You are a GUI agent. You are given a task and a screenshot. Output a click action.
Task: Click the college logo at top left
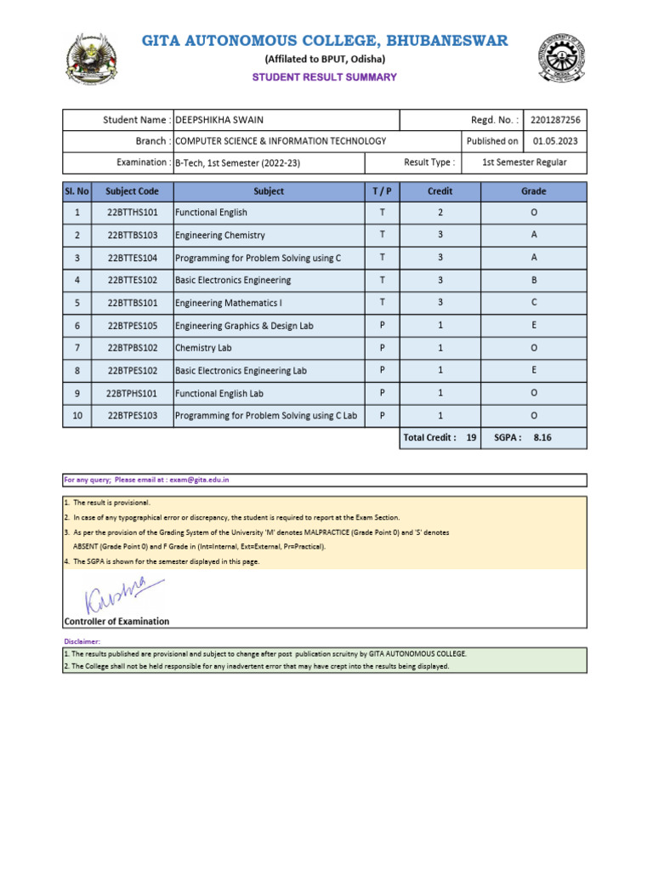(x=93, y=60)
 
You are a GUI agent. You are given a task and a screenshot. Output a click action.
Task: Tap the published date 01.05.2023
(x=554, y=141)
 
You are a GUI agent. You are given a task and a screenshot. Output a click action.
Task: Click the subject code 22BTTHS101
(x=133, y=213)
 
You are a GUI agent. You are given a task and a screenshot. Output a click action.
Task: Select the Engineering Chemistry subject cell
(x=219, y=236)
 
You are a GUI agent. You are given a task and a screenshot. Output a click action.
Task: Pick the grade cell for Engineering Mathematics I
(x=533, y=303)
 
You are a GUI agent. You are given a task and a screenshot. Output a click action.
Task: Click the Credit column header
(x=440, y=191)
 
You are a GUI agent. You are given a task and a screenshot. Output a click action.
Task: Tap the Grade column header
(x=533, y=191)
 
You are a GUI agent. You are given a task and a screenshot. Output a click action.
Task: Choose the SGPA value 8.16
(x=542, y=437)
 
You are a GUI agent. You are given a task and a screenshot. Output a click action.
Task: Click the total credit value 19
(x=472, y=437)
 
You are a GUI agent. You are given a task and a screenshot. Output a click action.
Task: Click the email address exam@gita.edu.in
(x=199, y=480)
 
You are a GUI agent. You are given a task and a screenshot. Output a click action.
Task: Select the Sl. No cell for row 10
(x=77, y=416)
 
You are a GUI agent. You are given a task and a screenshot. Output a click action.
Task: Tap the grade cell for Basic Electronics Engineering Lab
(x=533, y=371)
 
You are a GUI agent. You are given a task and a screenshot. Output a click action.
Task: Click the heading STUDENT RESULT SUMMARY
(x=324, y=77)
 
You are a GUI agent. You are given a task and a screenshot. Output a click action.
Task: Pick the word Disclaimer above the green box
(x=82, y=640)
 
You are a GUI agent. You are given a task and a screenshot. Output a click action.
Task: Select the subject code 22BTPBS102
(x=133, y=348)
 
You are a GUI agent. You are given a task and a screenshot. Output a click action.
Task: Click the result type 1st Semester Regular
(x=524, y=162)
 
